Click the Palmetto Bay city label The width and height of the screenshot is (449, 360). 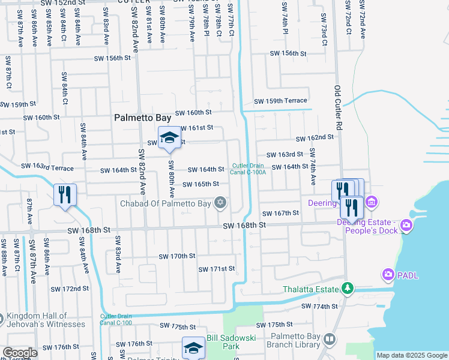(x=142, y=119)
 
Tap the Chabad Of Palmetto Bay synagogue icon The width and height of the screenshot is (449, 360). (x=221, y=202)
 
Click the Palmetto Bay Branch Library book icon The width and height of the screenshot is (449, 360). (x=329, y=340)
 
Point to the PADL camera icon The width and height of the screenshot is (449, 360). (x=388, y=275)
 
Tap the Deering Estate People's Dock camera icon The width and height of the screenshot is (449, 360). (x=407, y=226)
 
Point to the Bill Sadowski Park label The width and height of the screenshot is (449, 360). (x=223, y=343)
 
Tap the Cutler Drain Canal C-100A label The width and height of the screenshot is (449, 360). (x=249, y=169)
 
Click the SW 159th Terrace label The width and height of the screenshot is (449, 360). (x=280, y=101)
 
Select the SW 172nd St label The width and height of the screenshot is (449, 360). (x=70, y=289)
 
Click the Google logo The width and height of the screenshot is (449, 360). (x=20, y=353)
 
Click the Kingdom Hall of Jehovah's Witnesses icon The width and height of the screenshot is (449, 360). (x=2, y=317)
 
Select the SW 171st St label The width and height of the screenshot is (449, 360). (x=217, y=269)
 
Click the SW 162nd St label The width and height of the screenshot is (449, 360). (x=315, y=137)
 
